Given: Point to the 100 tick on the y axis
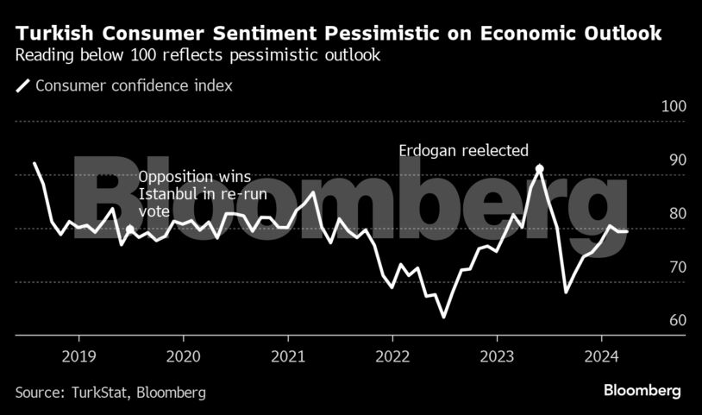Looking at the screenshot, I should (674, 107).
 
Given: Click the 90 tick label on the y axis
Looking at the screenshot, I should (676, 160).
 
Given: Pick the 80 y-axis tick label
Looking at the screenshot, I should (676, 214).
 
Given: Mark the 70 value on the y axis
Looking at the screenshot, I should (676, 267).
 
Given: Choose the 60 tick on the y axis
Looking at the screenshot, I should (676, 321).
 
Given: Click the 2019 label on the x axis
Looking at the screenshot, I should (79, 355).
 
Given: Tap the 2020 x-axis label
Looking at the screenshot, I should (184, 355).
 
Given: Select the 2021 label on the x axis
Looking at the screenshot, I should (288, 355).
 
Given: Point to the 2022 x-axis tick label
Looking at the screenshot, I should (392, 355).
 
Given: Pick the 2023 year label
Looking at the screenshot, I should (497, 355).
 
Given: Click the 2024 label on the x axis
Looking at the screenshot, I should (601, 355).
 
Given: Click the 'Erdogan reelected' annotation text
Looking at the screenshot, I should (463, 150).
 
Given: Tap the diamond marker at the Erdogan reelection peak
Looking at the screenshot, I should (539, 169).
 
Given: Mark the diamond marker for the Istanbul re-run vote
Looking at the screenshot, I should (129, 230).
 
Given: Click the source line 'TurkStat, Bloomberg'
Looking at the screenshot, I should (110, 393).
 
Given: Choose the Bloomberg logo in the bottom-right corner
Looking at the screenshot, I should (642, 391).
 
